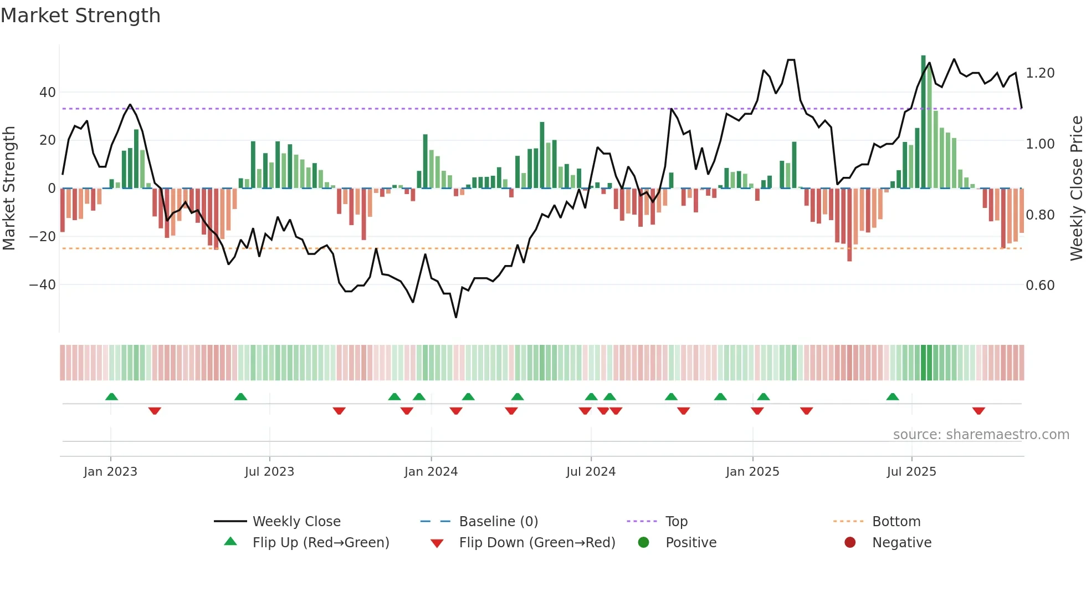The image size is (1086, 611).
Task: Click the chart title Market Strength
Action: [80, 16]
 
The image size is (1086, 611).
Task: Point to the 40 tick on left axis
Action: [48, 93]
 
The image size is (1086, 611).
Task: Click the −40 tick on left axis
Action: [43, 285]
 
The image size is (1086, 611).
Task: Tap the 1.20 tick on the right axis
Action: [1040, 73]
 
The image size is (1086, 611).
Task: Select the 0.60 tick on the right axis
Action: [1040, 286]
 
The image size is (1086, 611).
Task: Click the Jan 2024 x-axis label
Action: [431, 472]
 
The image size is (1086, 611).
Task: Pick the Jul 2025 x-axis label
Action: [911, 472]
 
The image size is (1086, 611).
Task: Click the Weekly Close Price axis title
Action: [1076, 189]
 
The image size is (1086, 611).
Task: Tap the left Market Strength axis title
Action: [9, 189]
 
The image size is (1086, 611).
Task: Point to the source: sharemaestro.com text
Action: [981, 435]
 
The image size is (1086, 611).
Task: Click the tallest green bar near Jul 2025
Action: [923, 122]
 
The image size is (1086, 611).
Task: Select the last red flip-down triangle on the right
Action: [979, 411]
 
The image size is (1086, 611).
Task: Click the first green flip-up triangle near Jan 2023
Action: [111, 396]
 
